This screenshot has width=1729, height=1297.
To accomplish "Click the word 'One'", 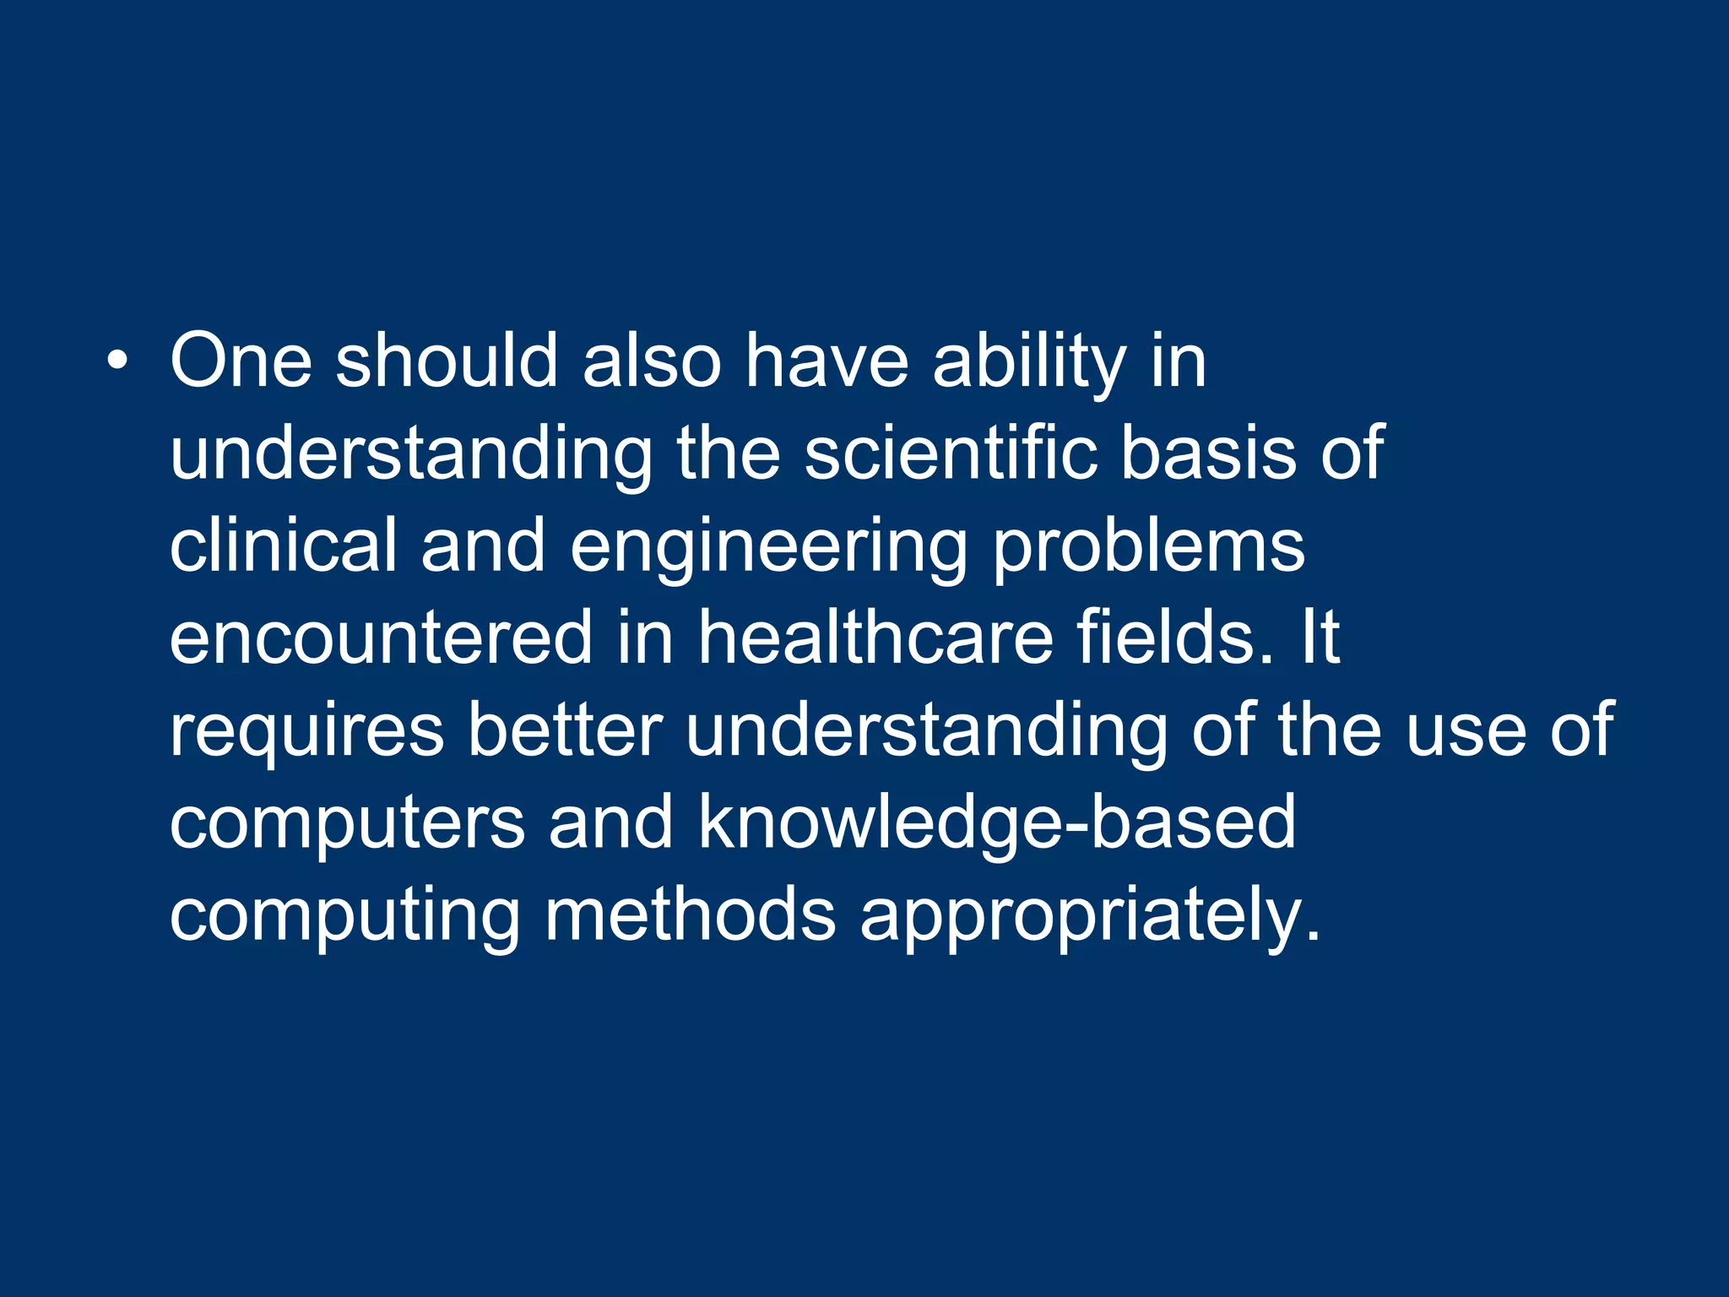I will click(241, 361).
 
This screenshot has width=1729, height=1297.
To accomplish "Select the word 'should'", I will click(447, 361).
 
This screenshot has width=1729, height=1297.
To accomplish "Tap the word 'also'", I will click(652, 361).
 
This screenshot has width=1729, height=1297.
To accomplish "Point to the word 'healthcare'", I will click(875, 638).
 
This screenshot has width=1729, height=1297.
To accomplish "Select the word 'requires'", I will click(306, 731).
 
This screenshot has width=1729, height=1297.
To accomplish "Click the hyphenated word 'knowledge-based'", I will click(997, 824).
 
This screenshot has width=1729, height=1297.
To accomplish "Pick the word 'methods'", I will click(690, 915).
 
